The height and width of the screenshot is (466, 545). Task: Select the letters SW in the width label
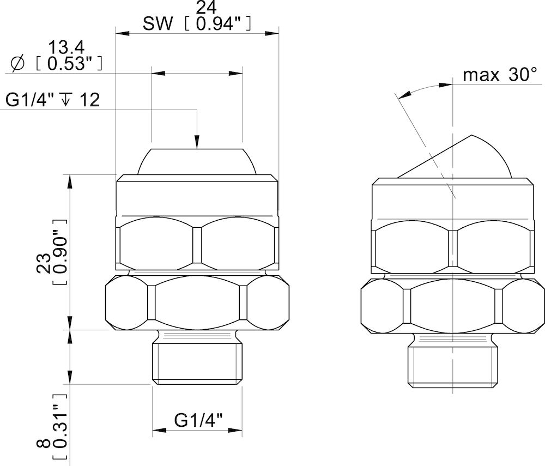pos(158,24)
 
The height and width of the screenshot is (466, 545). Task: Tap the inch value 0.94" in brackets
pos(218,24)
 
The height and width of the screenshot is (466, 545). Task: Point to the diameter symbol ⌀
pos(17,64)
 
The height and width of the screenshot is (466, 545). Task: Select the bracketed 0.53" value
pos(69,64)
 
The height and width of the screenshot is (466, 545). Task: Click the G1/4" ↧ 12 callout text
pos(52,100)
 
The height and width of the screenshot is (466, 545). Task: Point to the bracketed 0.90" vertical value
pos(59,252)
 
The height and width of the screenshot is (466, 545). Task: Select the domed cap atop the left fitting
pos(197,161)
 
